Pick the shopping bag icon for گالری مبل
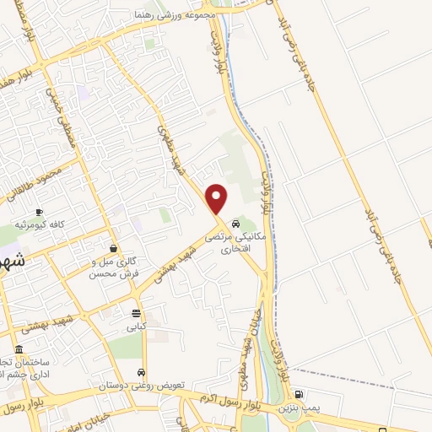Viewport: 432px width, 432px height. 113,248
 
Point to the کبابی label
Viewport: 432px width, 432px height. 137,326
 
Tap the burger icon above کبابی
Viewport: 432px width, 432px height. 137,313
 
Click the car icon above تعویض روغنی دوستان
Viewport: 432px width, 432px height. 141,372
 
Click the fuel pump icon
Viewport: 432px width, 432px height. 299,394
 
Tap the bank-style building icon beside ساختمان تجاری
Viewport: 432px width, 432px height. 19,348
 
